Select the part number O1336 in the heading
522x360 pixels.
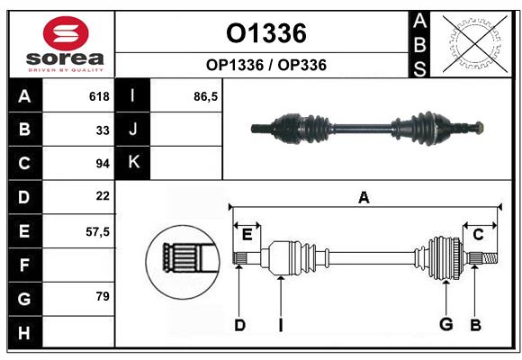click(266, 33)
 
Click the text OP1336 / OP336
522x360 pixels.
click(266, 65)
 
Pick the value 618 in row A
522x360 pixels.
click(99, 96)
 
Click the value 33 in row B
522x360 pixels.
click(103, 130)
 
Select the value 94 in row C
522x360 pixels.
click(103, 163)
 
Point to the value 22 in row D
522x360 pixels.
click(103, 195)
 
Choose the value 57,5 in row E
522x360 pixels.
click(97, 231)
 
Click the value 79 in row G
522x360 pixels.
click(103, 296)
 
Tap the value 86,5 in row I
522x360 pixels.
click(206, 96)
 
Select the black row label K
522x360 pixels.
click(133, 163)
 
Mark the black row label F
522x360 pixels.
click(24, 265)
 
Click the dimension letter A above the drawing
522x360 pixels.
click(364, 197)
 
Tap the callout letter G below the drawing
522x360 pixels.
click(445, 324)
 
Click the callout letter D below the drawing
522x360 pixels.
click(239, 324)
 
